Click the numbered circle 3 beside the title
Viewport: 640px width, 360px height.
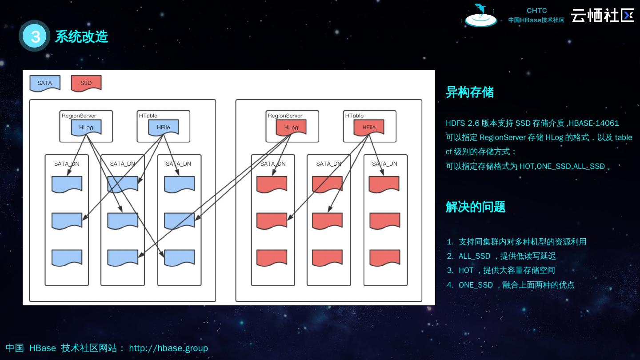[x=35, y=36]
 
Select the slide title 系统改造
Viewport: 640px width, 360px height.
[x=81, y=36]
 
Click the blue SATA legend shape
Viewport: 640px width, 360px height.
[x=45, y=83]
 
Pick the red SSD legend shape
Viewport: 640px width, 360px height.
[x=86, y=83]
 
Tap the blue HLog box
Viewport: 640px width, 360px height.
[x=86, y=128]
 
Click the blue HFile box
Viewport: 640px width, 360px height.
[x=164, y=128]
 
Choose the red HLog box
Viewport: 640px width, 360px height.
[x=291, y=128]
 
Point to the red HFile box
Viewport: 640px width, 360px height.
[x=369, y=128]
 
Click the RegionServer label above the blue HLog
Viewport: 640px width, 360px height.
[x=79, y=116]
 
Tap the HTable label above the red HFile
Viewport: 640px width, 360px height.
[x=354, y=116]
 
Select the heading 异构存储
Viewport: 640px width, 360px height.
[x=470, y=92]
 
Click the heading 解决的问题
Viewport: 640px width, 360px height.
[x=476, y=207]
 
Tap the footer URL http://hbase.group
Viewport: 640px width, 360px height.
[x=168, y=348]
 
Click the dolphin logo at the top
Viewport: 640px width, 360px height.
[x=480, y=15]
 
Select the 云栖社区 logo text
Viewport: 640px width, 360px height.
[x=602, y=15]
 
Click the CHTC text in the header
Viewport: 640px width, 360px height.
[x=536, y=11]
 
